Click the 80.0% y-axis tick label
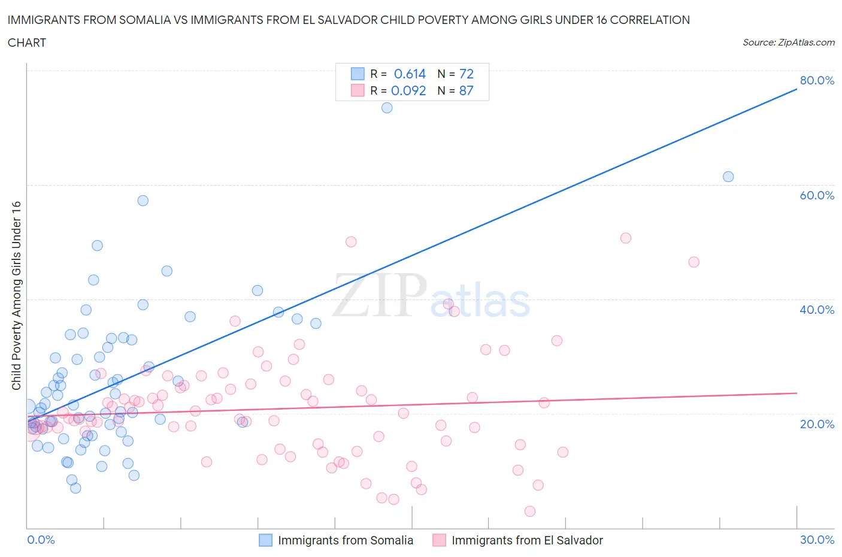click(x=817, y=80)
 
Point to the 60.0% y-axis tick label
click(x=817, y=195)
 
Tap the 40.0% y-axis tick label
click(x=817, y=310)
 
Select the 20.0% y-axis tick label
click(x=817, y=424)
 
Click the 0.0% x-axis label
click(x=41, y=540)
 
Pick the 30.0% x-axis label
click(x=817, y=540)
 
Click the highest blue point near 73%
click(x=387, y=108)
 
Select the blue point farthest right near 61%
click(x=728, y=177)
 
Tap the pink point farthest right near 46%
click(x=693, y=262)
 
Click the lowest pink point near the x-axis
click(x=529, y=511)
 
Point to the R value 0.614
click(x=410, y=74)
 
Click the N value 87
click(x=466, y=90)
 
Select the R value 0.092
click(x=408, y=90)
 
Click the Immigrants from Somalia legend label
click(x=346, y=540)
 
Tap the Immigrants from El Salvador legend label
click(x=527, y=540)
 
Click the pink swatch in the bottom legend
click(x=439, y=540)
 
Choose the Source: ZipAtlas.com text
click(x=789, y=43)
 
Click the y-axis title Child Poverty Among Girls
click(x=16, y=295)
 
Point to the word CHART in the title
click(x=27, y=43)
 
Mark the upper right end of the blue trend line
click(x=796, y=89)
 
